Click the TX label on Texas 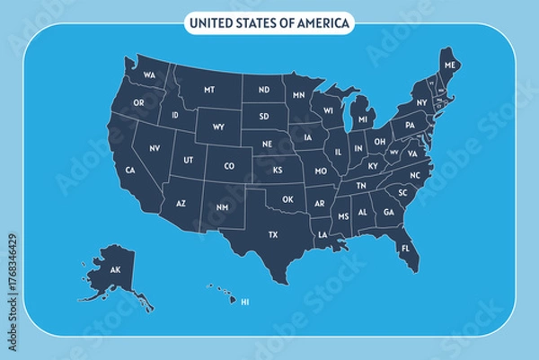tap(274, 235)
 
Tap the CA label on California tap(130, 170)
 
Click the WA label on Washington tap(149, 75)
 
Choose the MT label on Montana tap(209, 91)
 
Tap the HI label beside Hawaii tap(243, 302)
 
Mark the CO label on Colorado tap(229, 165)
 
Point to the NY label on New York tap(421, 103)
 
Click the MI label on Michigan tap(363, 119)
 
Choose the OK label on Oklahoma tap(287, 199)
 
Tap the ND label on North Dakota tap(264, 91)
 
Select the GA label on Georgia tap(388, 213)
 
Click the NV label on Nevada tap(155, 147)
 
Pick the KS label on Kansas tap(278, 169)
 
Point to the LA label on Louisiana tap(323, 234)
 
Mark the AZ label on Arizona tap(181, 204)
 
